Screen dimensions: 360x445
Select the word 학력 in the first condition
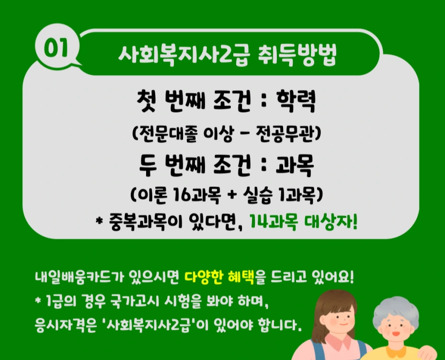pos(297,102)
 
